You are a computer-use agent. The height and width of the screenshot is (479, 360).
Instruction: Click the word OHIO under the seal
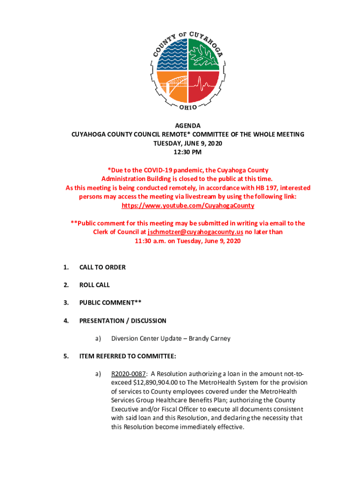tap(188, 108)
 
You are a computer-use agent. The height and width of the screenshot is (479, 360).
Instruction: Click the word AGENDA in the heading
tap(187, 126)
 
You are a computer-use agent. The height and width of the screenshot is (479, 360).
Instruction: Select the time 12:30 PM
tap(187, 152)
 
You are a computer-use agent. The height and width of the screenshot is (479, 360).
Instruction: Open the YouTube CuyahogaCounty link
tap(187, 205)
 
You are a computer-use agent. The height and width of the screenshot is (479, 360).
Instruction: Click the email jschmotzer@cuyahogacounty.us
tap(195, 232)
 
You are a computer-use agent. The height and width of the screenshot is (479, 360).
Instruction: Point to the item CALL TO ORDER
tap(102, 267)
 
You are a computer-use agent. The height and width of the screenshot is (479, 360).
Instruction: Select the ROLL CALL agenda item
tap(94, 285)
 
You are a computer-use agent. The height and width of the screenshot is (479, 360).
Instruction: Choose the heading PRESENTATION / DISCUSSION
tap(122, 320)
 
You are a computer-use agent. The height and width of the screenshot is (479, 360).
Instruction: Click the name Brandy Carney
tap(209, 338)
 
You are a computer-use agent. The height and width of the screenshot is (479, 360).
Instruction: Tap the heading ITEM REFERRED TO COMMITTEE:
tap(128, 356)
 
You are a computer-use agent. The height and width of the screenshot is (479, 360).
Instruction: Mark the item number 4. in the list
tap(66, 320)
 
